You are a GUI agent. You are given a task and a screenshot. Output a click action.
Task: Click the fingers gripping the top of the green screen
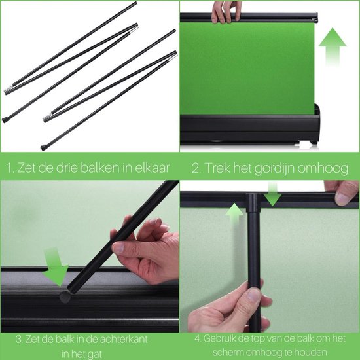pyautogui.click(x=226, y=11)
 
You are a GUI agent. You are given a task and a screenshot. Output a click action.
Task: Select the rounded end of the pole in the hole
pyautogui.click(x=65, y=296)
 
